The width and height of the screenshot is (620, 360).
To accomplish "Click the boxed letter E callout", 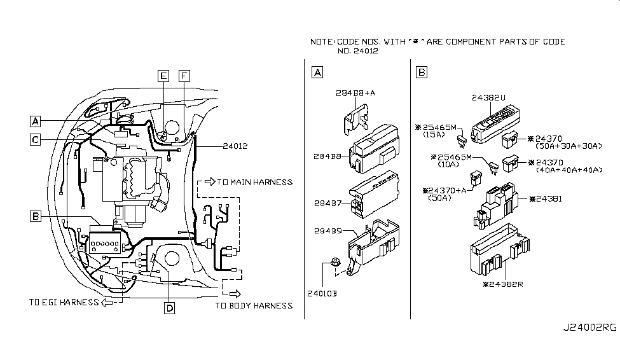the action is (x=163, y=76).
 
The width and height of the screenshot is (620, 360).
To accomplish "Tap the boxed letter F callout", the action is (x=184, y=76).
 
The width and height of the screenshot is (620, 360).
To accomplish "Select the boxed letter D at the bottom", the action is (x=169, y=308).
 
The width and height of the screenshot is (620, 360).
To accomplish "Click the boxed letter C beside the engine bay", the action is (x=35, y=140).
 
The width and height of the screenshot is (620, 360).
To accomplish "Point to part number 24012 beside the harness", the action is (x=235, y=146).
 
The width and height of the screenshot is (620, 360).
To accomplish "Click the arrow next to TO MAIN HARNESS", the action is (x=210, y=181).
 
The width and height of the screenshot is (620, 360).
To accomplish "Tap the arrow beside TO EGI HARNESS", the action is (x=107, y=303).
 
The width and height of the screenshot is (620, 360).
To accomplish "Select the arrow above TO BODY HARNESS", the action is (x=235, y=294).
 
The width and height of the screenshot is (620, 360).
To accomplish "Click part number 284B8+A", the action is (x=355, y=93).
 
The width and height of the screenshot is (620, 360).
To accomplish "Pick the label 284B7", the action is (x=327, y=204).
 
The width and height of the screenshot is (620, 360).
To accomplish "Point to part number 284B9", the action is (x=327, y=231).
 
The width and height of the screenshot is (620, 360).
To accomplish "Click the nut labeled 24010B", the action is (x=335, y=261).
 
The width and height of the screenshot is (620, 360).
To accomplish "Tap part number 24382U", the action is (x=488, y=98).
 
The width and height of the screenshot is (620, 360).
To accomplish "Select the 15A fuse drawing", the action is (x=462, y=140).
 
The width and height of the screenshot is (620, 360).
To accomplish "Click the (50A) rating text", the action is (x=439, y=198).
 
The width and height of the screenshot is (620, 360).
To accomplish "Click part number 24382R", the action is (x=503, y=284).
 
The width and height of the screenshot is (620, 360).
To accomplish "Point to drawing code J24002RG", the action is (x=590, y=328).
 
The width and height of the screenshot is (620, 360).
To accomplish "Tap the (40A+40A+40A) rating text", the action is (x=569, y=170).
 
